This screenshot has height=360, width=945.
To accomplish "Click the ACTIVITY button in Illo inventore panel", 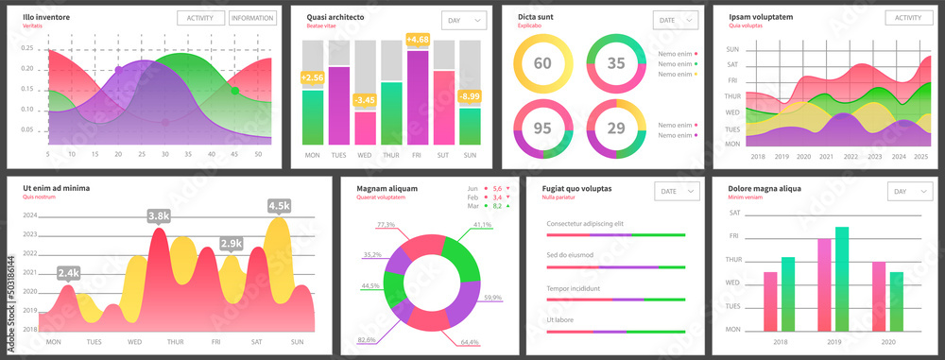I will [200, 18].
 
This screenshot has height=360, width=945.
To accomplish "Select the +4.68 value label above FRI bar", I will [418, 40].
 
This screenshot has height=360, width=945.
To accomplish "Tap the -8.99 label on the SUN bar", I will [469, 96].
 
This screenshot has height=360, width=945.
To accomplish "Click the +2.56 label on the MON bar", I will [312, 77].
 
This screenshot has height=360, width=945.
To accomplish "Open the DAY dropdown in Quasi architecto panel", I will [464, 20].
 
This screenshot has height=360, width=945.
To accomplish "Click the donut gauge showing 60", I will [542, 63].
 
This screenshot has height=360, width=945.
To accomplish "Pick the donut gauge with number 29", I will [616, 128].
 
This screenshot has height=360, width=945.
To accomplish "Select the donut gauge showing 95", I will [542, 128].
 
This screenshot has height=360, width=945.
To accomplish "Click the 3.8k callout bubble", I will [159, 216].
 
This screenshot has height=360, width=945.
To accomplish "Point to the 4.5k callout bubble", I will [279, 206].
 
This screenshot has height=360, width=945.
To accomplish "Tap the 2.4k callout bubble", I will [68, 272].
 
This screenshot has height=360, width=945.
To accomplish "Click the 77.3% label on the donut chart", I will [386, 225].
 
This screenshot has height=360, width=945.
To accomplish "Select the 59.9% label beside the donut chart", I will [519, 298].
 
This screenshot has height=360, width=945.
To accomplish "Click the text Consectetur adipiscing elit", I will [585, 223].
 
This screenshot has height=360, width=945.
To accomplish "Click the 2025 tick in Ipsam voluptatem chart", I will [921, 157].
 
